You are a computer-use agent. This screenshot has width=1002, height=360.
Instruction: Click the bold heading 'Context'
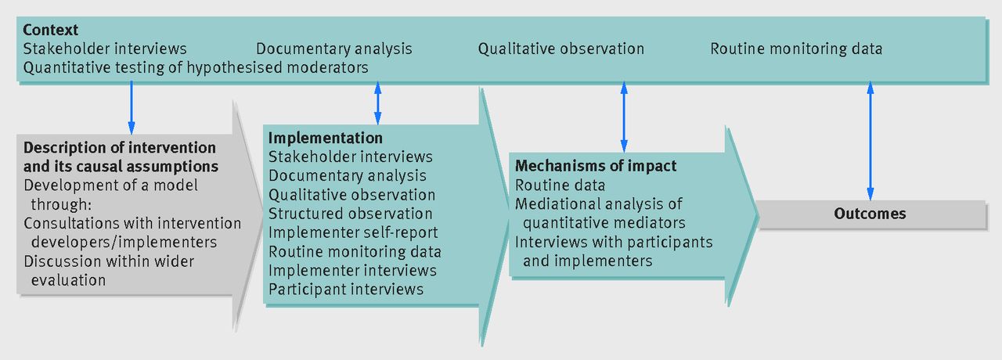point(51,30)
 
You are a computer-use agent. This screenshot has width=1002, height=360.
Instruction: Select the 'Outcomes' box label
point(870,214)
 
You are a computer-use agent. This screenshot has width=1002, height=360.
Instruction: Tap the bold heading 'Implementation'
point(325,138)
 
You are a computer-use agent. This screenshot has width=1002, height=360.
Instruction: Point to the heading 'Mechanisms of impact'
point(596,166)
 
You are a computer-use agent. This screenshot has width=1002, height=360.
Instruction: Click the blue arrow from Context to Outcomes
point(870,141)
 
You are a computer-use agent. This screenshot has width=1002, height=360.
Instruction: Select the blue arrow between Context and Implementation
point(378,103)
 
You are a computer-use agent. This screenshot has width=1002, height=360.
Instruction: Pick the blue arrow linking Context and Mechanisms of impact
point(624,117)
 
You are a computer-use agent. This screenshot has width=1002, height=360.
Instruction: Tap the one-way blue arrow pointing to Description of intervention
point(131,108)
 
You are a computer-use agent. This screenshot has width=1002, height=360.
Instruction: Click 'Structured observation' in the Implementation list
point(350,214)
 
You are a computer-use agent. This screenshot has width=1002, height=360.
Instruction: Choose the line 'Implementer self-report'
point(353,232)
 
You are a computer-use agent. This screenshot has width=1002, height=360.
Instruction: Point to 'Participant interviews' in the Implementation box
point(346,290)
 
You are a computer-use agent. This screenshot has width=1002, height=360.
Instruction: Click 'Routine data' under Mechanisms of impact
point(560,185)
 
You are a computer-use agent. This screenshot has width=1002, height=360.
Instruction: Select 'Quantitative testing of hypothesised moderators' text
point(196,67)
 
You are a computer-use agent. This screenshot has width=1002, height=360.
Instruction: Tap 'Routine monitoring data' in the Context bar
point(796,49)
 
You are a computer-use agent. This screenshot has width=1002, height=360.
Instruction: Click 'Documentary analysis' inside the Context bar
point(333,49)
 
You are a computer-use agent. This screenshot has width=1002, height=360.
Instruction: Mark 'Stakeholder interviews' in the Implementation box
point(350,157)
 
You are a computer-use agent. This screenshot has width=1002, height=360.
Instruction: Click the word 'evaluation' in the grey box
point(68,280)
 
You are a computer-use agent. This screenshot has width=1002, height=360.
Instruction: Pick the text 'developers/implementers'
point(124,243)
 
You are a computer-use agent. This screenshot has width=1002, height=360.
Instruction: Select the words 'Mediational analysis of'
point(599,204)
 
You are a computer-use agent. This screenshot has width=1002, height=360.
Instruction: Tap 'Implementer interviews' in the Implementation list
point(352,271)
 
